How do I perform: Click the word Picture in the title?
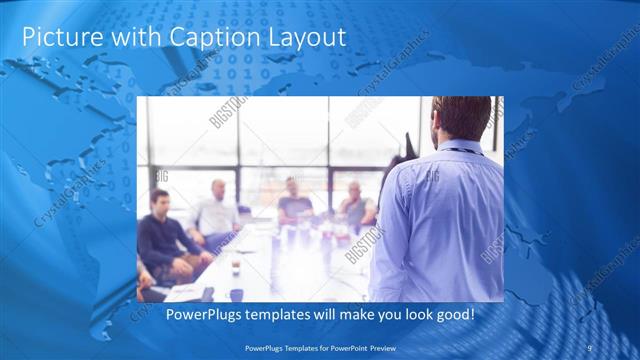coord(55,37)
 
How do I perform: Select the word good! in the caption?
coord(452,315)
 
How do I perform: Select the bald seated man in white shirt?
coord(217,210)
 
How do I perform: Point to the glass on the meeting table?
coord(235,267)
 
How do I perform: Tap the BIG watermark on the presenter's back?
coord(432,177)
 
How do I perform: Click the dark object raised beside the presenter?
coord(408,147)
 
